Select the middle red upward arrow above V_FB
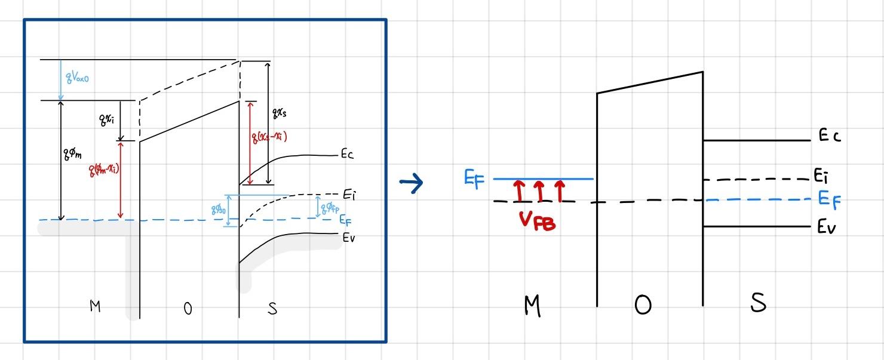[539, 191]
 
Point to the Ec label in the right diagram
[830, 136]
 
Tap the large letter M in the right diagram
[532, 306]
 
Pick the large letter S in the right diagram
[757, 303]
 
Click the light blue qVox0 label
[79, 77]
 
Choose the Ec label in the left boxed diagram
[347, 155]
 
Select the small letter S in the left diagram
[272, 309]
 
